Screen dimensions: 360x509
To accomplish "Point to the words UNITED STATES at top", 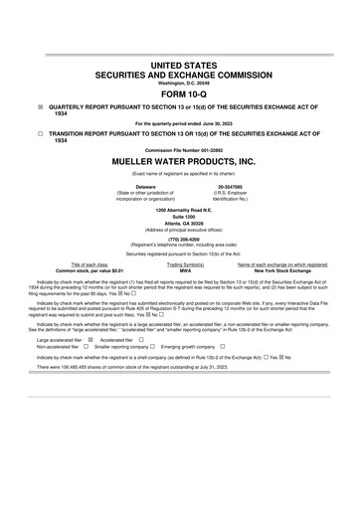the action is point(180,64).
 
